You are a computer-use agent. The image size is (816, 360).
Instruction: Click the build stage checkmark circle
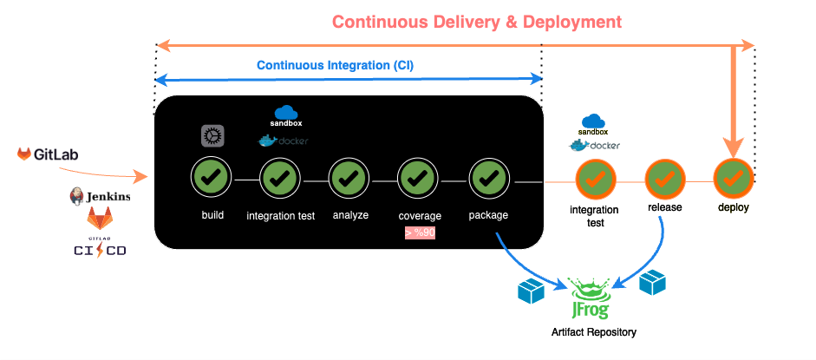click(x=209, y=179)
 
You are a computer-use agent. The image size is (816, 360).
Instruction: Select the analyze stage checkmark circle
click(x=348, y=179)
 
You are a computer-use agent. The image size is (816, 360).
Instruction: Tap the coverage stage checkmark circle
click(x=417, y=179)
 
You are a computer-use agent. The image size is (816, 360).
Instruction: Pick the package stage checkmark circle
click(x=488, y=179)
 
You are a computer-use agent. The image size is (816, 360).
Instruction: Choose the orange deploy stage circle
click(x=733, y=179)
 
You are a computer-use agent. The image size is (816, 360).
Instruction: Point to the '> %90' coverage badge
click(x=420, y=232)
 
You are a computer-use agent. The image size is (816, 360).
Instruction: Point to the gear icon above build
click(x=212, y=136)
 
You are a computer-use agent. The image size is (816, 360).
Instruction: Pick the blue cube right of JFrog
click(x=651, y=283)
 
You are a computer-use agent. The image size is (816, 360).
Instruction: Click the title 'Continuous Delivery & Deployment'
click(x=477, y=21)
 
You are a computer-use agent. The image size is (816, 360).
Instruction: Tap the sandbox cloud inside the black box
click(x=286, y=114)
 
